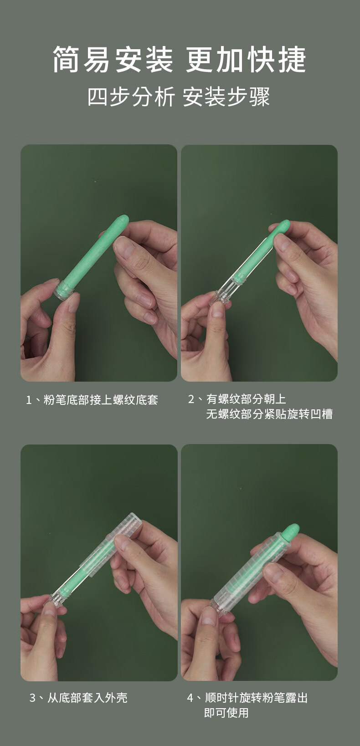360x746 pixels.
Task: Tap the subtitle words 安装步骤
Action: click(x=226, y=97)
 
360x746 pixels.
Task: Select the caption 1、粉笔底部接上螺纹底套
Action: click(x=92, y=400)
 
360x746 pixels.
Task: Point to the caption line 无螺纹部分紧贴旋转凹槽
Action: click(x=269, y=414)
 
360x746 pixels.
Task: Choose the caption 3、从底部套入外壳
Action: click(x=78, y=698)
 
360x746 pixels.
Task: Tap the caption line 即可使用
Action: click(x=226, y=713)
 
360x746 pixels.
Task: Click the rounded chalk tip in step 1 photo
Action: click(x=122, y=221)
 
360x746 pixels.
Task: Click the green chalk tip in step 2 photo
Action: click(x=283, y=226)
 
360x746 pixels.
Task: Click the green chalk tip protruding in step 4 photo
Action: click(x=291, y=531)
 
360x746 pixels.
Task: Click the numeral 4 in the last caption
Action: click(x=190, y=698)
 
